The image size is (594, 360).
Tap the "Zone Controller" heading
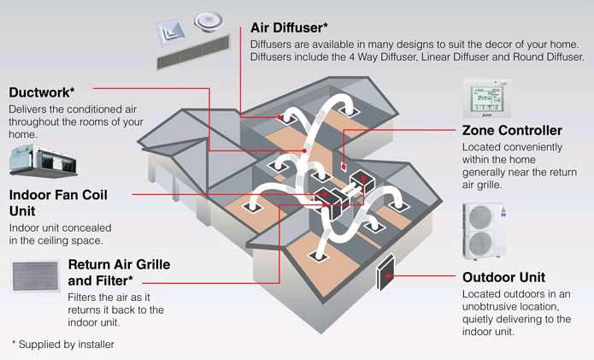coord(512,131)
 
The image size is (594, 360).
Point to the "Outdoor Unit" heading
coord(503,278)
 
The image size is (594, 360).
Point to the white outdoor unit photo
coord(489,231)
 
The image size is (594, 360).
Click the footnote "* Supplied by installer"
coord(62,344)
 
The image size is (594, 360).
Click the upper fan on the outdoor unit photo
coord(483,217)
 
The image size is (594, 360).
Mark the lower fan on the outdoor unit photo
coord(483,245)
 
